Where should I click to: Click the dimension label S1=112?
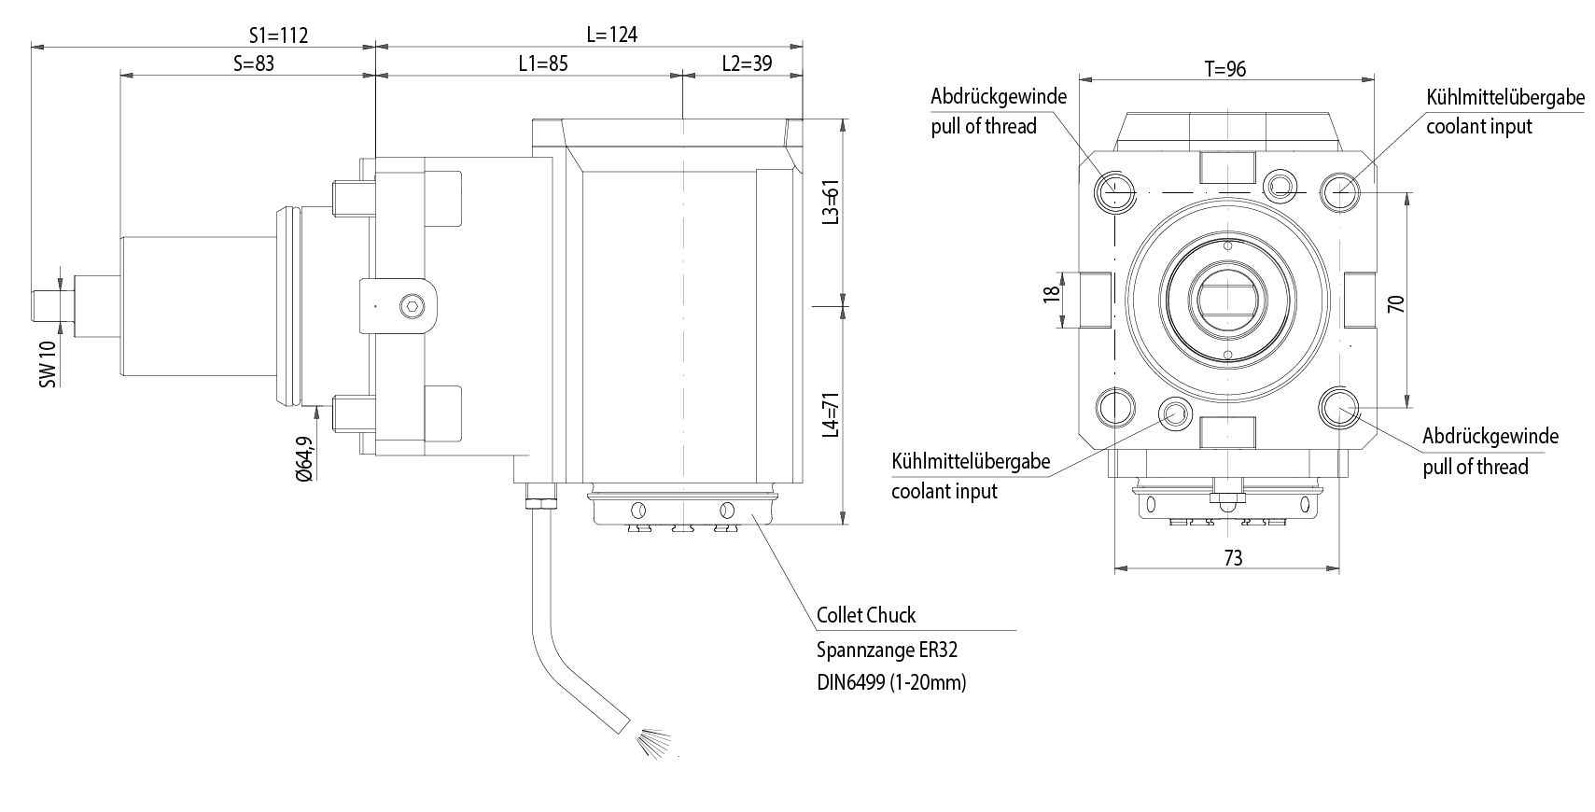click(x=278, y=35)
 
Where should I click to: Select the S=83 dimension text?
click(x=254, y=63)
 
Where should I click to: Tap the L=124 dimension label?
click(x=611, y=35)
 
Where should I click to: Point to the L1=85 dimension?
click(x=543, y=63)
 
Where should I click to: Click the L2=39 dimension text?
click(x=747, y=63)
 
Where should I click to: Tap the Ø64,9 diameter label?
click(x=303, y=457)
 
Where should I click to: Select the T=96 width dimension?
click(x=1224, y=69)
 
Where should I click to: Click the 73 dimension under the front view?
click(x=1233, y=558)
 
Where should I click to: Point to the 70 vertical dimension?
click(x=1396, y=303)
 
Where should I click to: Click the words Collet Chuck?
click(x=865, y=615)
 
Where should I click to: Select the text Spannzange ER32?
click(x=887, y=649)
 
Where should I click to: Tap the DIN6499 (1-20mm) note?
click(x=891, y=682)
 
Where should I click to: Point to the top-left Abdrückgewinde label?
click(x=998, y=96)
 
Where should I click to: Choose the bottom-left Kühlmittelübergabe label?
click(x=971, y=461)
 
